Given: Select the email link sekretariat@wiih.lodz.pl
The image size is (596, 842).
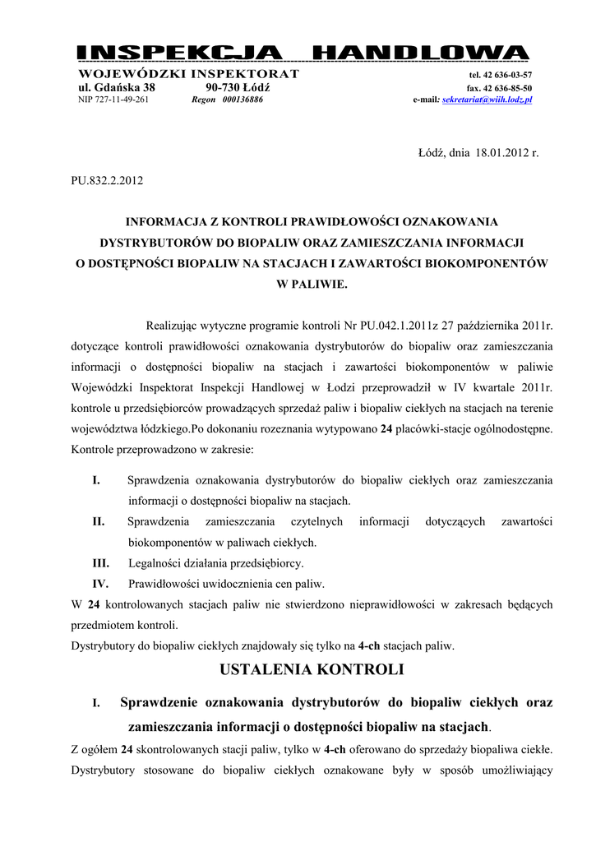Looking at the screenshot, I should (x=487, y=99).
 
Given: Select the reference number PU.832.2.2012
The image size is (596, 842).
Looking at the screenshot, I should (x=106, y=181).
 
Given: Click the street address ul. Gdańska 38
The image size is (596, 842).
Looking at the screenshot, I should (x=116, y=87).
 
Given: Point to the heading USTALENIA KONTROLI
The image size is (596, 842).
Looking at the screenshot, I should (x=312, y=669).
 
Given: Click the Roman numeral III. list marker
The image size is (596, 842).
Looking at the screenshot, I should (x=99, y=563).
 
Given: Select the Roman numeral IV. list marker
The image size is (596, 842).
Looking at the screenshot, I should (x=100, y=584).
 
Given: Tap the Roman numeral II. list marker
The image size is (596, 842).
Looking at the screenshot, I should (x=98, y=521).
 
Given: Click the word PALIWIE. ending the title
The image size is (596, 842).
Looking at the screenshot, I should (x=312, y=285).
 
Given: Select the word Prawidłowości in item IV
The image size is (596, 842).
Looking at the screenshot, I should (x=166, y=584).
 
